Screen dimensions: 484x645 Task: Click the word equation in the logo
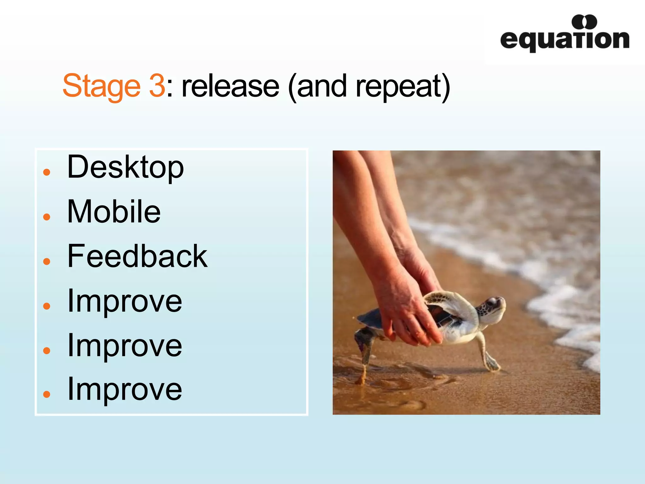point(564,40)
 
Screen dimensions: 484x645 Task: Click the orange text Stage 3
point(113,86)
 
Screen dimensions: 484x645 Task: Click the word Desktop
point(125,167)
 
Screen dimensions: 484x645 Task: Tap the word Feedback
point(137,256)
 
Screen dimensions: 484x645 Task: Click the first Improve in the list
point(125,301)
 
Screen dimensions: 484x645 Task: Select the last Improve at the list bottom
point(125,389)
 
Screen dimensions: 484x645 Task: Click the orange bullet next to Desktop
point(47,172)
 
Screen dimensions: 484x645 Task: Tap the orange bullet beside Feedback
point(47,261)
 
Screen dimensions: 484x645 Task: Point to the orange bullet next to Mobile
point(47,217)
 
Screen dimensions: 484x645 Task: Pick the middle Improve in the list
point(125,346)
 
